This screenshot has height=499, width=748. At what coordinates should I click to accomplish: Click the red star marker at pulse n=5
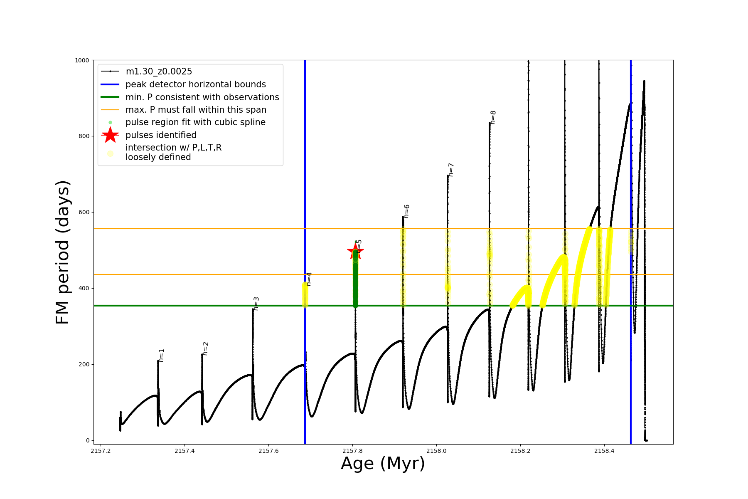(x=355, y=251)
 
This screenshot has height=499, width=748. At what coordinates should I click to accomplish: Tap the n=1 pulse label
(x=162, y=355)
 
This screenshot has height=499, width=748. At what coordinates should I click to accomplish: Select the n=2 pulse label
(x=205, y=349)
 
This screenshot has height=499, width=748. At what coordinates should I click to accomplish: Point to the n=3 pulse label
(x=256, y=304)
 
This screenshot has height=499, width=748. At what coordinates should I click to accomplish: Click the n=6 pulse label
(x=406, y=211)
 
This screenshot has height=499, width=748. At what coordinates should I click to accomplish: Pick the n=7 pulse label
(x=451, y=170)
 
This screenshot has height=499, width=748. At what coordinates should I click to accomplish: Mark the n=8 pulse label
(x=493, y=117)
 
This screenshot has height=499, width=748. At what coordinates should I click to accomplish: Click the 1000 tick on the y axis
(x=82, y=60)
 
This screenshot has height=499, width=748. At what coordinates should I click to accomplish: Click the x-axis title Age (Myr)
(x=383, y=464)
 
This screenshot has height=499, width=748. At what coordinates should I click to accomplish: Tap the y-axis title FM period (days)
(x=62, y=252)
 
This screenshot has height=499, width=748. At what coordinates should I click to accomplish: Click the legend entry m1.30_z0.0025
(x=159, y=72)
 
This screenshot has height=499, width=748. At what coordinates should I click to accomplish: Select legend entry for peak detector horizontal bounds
(x=195, y=84)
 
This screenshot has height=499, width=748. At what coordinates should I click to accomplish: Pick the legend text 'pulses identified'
(x=161, y=135)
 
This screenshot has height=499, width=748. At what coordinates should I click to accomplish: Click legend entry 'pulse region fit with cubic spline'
(x=195, y=122)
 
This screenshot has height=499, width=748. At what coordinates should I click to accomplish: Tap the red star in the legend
(x=110, y=135)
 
